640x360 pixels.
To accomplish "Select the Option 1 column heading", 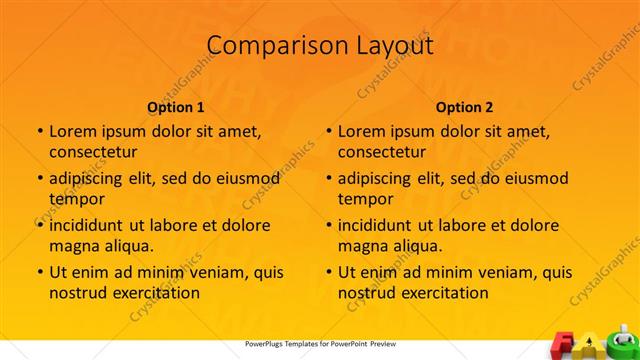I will (x=176, y=107).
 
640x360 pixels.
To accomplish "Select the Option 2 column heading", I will (x=465, y=107).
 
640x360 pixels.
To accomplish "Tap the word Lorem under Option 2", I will (x=361, y=131).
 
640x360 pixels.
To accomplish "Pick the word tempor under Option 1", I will (x=76, y=199).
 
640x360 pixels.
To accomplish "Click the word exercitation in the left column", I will (x=158, y=293).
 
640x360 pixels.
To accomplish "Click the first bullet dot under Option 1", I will (x=39, y=131).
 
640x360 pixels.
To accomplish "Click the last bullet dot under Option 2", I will (x=328, y=272).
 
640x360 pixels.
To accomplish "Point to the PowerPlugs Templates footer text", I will (x=320, y=344).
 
